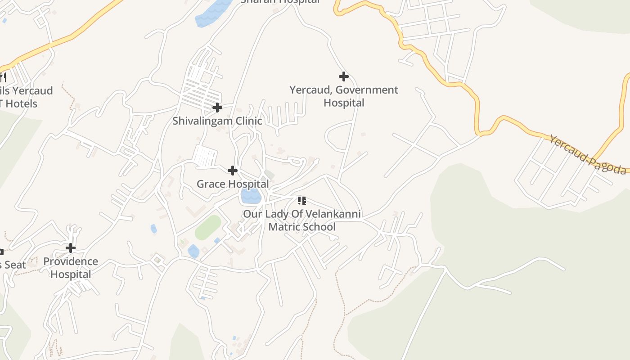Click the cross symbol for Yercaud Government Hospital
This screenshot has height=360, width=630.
pyautogui.click(x=344, y=76)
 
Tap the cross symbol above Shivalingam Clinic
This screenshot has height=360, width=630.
pyautogui.click(x=217, y=108)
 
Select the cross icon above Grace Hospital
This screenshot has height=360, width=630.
pyautogui.click(x=233, y=171)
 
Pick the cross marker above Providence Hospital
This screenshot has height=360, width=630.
pyautogui.click(x=71, y=248)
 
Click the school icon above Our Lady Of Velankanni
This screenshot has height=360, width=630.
pyautogui.click(x=302, y=201)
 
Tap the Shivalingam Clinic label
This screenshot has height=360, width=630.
pyautogui.click(x=217, y=121)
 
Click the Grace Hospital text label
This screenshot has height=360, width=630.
pyautogui.click(x=233, y=184)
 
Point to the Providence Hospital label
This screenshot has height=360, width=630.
pyautogui.click(x=71, y=268)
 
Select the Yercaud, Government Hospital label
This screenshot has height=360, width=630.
pyautogui.click(x=344, y=96)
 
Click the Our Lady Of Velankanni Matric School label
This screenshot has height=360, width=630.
pyautogui.click(x=302, y=220)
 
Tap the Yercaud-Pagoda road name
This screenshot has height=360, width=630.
pyautogui.click(x=587, y=155)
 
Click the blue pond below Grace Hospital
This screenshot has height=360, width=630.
pyautogui.click(x=251, y=196)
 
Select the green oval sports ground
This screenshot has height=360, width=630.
pyautogui.click(x=208, y=227)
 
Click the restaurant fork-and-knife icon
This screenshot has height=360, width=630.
pyautogui.click(x=3, y=77)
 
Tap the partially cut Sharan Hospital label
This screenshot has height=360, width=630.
pyautogui.click(x=280, y=1)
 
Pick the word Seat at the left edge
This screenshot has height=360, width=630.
pyautogui.click(x=15, y=265)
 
